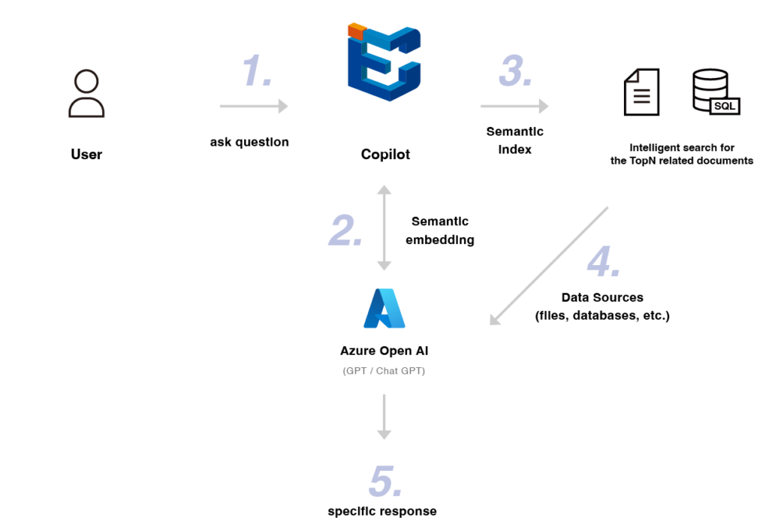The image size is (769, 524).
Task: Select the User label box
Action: click(x=86, y=154)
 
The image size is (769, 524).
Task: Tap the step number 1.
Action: click(x=257, y=72)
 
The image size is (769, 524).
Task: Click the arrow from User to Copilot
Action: click(x=254, y=107)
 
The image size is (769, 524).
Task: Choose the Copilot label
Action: click(x=384, y=154)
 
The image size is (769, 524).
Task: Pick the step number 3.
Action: click(x=515, y=72)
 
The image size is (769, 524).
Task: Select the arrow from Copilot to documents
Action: click(x=514, y=107)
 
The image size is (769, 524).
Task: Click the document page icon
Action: click(x=641, y=92)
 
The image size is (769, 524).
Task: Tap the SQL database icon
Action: click(x=714, y=92)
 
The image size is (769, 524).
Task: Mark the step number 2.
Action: click(x=345, y=231)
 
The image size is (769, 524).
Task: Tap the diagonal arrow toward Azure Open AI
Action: click(x=548, y=267)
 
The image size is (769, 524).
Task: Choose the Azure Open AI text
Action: click(x=384, y=351)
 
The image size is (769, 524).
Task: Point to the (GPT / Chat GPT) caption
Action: click(x=384, y=371)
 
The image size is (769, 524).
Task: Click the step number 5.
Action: click(x=384, y=482)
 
